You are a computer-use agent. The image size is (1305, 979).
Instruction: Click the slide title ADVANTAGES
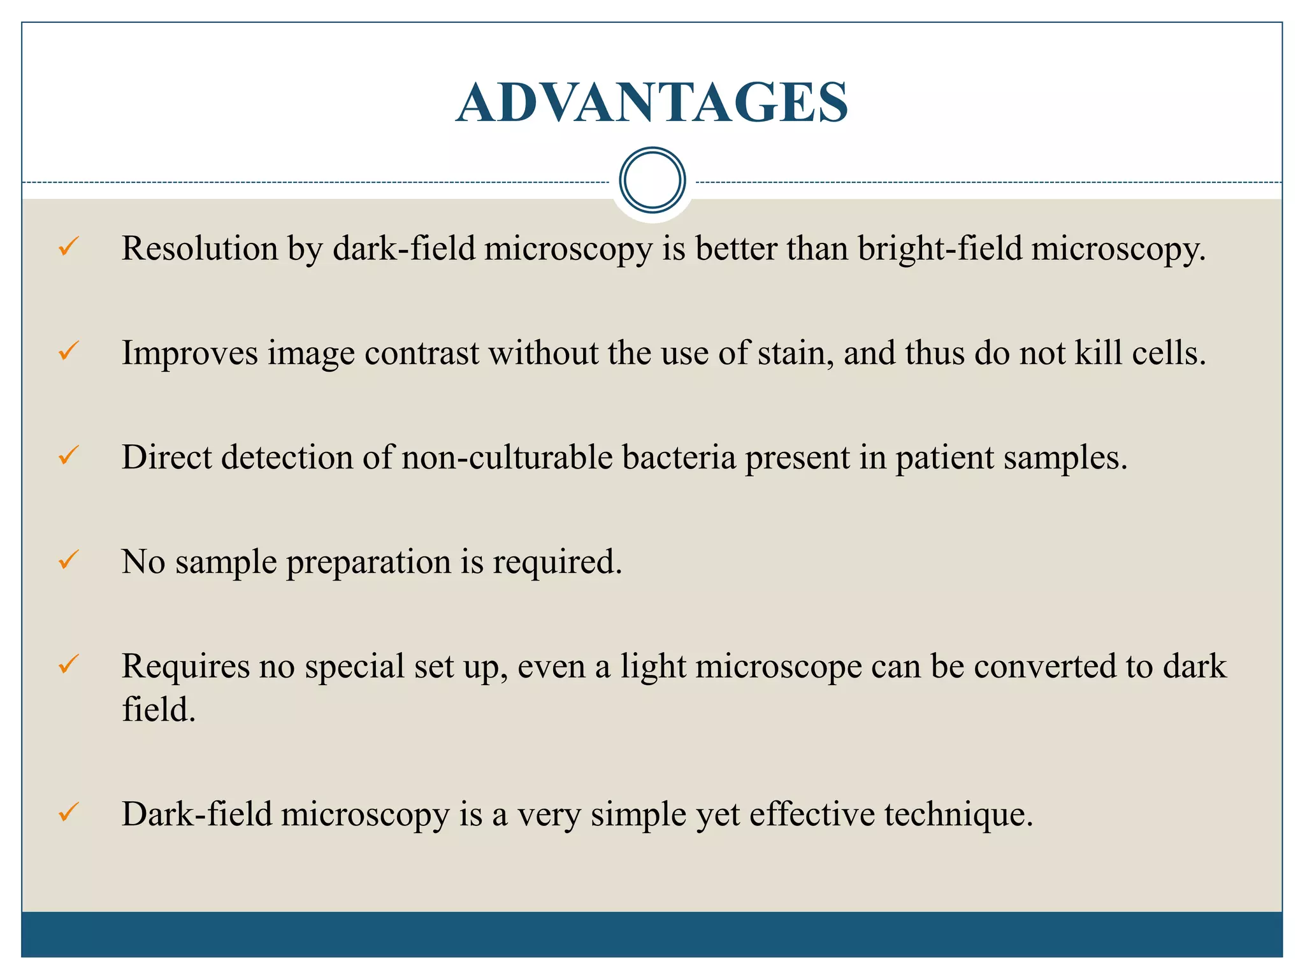click(x=652, y=103)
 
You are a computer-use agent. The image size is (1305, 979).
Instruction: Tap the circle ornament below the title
click(x=652, y=180)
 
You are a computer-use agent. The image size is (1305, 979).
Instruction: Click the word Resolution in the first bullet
click(x=199, y=249)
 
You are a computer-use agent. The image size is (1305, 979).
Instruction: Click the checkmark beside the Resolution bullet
click(x=68, y=246)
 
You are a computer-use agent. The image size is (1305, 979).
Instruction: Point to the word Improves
click(x=190, y=353)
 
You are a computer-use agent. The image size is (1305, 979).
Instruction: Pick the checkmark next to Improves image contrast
click(x=68, y=351)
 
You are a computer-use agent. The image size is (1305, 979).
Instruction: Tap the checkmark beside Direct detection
click(x=68, y=455)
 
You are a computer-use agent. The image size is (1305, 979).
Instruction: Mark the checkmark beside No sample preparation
click(x=68, y=560)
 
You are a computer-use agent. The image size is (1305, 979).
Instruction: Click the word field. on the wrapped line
click(x=158, y=709)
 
